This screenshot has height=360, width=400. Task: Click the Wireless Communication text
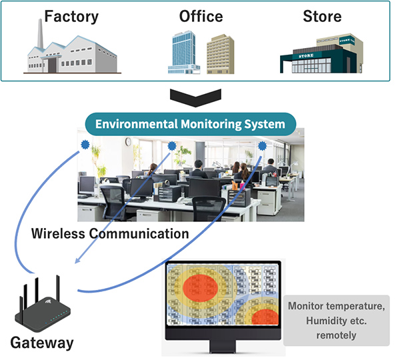pyautogui.click(x=111, y=233)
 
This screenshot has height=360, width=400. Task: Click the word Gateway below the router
pyautogui.click(x=41, y=343)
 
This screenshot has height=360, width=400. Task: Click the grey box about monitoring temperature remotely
pyautogui.click(x=336, y=321)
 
